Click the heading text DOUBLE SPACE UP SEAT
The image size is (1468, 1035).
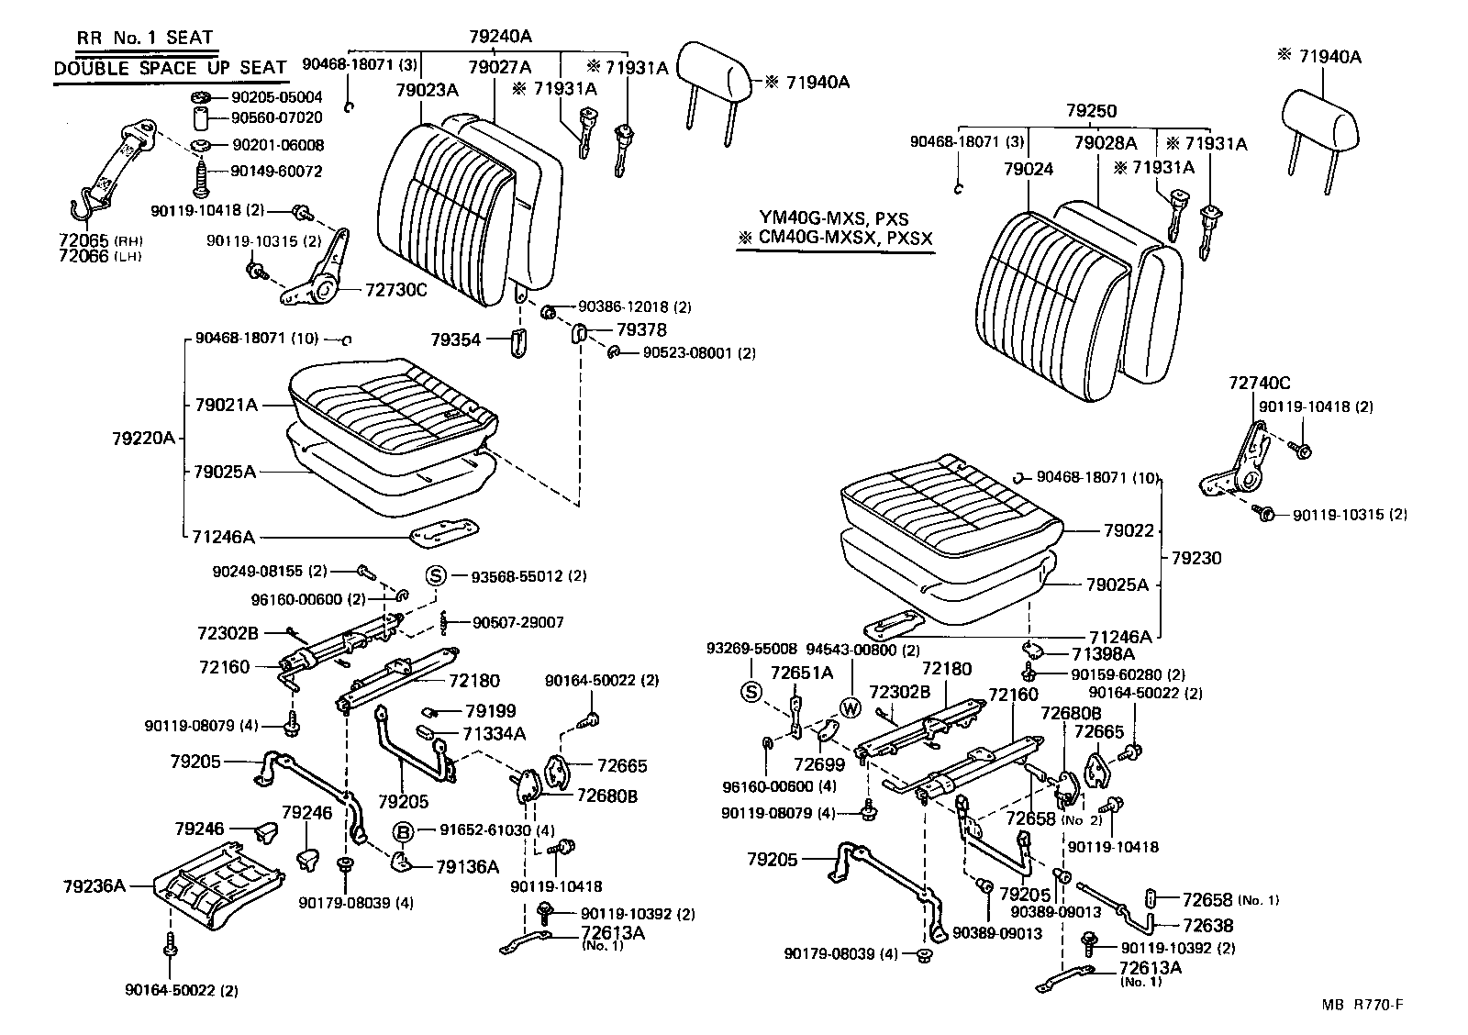pyautogui.click(x=170, y=68)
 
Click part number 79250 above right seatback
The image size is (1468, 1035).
pyautogui.click(x=1091, y=111)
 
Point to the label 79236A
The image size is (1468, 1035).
pyautogui.click(x=94, y=885)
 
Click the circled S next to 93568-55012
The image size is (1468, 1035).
pyautogui.click(x=436, y=576)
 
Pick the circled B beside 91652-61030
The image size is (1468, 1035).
pyautogui.click(x=403, y=831)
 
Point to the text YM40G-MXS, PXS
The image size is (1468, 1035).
pyautogui.click(x=833, y=217)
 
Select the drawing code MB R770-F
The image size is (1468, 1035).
pyautogui.click(x=1362, y=1005)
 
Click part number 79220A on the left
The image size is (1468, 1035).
pyautogui.click(x=143, y=439)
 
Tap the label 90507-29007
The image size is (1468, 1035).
pyautogui.click(x=518, y=622)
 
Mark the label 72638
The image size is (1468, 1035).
pyautogui.click(x=1207, y=925)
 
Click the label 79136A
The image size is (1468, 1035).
pyautogui.click(x=467, y=866)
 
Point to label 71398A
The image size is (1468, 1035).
pyautogui.click(x=1103, y=654)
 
